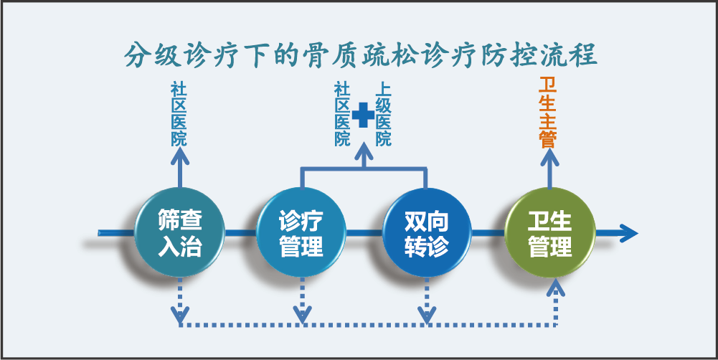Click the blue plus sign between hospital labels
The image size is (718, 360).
(364, 115)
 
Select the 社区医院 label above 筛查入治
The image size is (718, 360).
(179, 113)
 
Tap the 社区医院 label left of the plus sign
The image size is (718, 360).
(342, 115)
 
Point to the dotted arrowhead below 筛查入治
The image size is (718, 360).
(179, 314)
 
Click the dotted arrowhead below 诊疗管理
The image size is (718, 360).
(302, 314)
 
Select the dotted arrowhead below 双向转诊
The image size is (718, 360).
(427, 314)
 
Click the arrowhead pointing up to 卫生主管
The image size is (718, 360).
(549, 158)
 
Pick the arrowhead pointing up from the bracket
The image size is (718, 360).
(364, 152)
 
